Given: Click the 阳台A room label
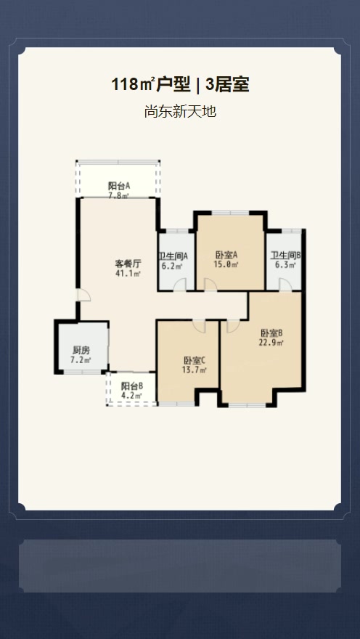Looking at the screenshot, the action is tap(119, 186).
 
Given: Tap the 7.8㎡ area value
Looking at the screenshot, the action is tap(118, 195).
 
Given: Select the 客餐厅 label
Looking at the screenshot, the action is tap(128, 264).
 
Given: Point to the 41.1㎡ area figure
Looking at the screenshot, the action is tap(128, 274).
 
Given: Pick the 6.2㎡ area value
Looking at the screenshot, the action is tap(173, 266).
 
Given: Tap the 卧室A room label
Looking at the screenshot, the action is tap(226, 255).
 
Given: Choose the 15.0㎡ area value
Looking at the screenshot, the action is tap(226, 264).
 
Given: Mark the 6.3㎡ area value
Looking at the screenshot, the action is tap(286, 265).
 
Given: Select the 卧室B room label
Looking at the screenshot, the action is tap(271, 333).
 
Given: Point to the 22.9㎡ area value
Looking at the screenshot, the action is tap(271, 342).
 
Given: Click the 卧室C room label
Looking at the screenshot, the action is tap(195, 360).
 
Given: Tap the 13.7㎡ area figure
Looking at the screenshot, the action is tap(195, 370).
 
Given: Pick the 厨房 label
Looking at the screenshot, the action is tap(81, 350).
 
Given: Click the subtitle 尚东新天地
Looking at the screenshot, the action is tap(180, 111).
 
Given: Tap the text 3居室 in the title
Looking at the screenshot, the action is tap(227, 85).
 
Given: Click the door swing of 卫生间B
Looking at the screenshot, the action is tap(285, 285).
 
